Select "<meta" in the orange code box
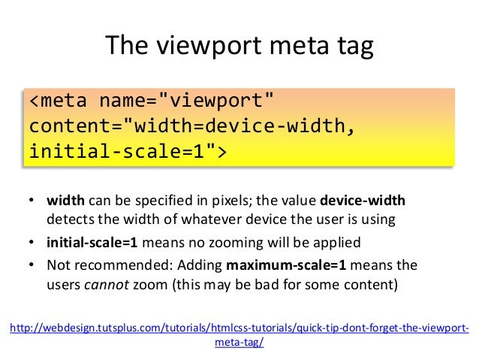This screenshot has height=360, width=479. pyautogui.click(x=58, y=101)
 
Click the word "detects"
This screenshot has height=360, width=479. pyautogui.click(x=68, y=220)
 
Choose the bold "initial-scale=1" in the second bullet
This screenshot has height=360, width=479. pyautogui.click(x=92, y=243)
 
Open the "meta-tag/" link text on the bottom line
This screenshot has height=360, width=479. pyautogui.click(x=239, y=340)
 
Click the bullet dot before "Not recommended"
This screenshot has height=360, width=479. pyautogui.click(x=32, y=265)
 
